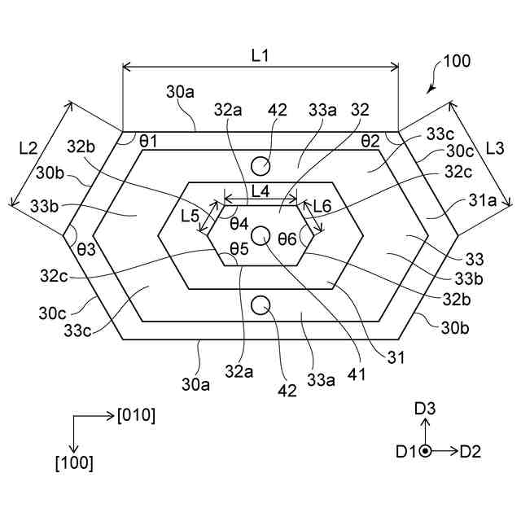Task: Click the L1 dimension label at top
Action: click(260, 56)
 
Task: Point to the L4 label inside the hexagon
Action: click(262, 192)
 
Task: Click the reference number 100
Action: click(456, 61)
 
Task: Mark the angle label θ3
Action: click(86, 249)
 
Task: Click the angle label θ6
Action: click(287, 239)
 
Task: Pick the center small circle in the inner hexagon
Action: click(260, 235)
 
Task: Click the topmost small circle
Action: click(260, 166)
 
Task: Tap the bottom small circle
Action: click(260, 305)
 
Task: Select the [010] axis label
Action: click(137, 415)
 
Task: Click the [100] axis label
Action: click(74, 463)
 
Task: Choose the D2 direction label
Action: click(471, 451)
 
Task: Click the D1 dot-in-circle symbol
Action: click(425, 451)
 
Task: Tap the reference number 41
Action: click(356, 375)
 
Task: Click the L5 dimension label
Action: click(190, 217)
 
